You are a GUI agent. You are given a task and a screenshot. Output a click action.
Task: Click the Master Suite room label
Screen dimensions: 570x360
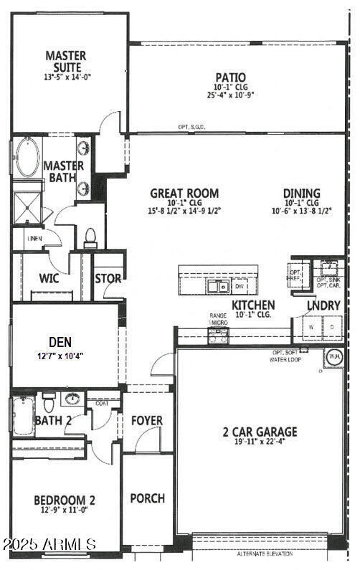[66, 61]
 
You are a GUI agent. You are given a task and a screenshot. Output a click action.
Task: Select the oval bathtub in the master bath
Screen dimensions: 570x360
[28, 159]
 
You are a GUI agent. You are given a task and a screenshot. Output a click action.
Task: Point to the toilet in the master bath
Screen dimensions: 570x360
[90, 235]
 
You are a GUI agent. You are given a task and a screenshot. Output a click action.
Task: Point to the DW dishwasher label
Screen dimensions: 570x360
[240, 287]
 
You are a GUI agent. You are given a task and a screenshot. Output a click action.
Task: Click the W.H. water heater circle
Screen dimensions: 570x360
[335, 356]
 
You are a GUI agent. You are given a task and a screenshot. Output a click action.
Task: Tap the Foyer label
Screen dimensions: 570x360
[147, 420]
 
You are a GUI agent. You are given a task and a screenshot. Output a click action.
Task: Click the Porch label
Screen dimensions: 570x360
[147, 498]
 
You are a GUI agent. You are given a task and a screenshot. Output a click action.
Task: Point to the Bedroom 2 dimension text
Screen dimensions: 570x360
[65, 510]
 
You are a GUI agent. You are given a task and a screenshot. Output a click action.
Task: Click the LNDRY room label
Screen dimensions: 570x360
[324, 305]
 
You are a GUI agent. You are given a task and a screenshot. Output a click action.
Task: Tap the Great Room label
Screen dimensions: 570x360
[184, 193]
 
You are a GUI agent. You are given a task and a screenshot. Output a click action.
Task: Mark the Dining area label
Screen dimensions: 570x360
[301, 193]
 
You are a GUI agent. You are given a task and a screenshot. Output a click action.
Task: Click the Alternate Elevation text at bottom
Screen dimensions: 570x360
[265, 554]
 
